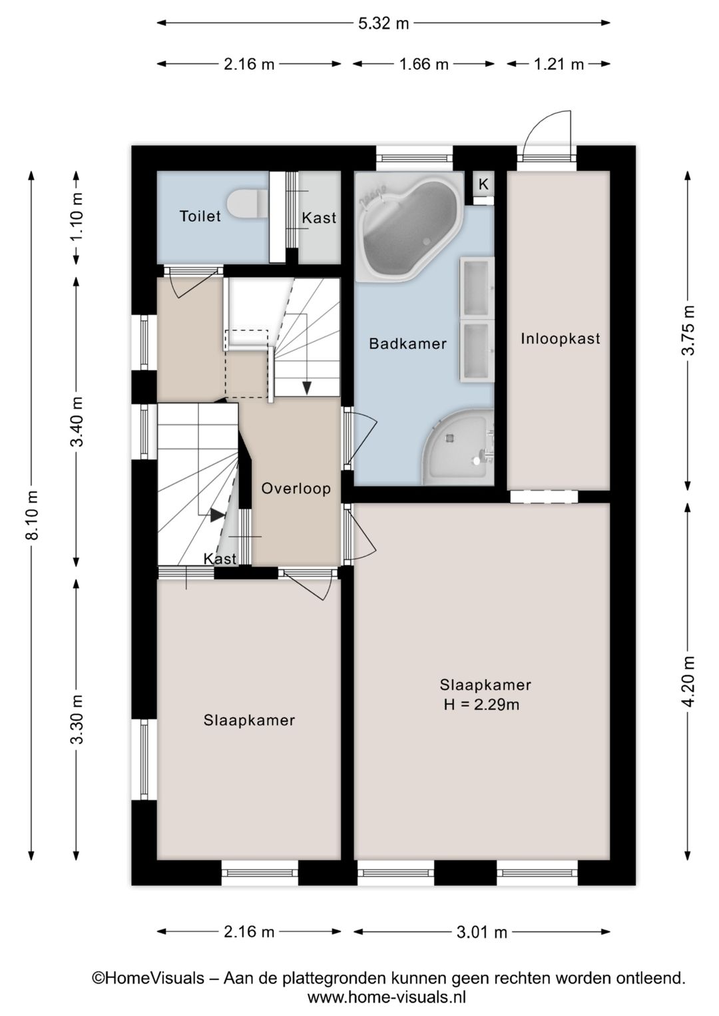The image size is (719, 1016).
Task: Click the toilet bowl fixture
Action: tap(246, 204)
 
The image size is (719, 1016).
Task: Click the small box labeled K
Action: tap(483, 184)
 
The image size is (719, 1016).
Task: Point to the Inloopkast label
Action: tap(560, 338)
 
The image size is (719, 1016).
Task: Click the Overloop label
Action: tap(296, 489)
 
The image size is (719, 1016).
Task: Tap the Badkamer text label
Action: tap(407, 344)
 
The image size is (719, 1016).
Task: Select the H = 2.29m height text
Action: tap(481, 704)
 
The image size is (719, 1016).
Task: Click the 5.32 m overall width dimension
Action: tap(383, 23)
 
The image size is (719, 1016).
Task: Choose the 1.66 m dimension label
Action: tap(423, 64)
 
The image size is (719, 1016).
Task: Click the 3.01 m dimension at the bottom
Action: tap(481, 931)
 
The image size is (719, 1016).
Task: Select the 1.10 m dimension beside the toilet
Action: tap(77, 216)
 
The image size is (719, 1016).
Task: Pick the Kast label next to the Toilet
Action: tap(319, 218)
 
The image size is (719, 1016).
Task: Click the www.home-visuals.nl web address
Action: tap(386, 997)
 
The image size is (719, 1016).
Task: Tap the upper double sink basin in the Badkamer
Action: tap(477, 288)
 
